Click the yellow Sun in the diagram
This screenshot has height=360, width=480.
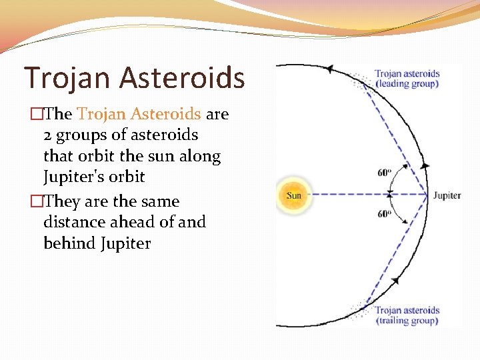click(x=294, y=195)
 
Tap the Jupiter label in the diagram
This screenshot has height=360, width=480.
click(x=447, y=196)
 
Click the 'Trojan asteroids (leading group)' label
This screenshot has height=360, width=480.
click(x=407, y=79)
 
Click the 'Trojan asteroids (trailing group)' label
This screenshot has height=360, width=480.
click(x=406, y=315)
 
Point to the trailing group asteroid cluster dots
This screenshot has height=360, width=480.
click(x=363, y=309)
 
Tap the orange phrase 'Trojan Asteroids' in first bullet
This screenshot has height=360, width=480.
click(x=139, y=114)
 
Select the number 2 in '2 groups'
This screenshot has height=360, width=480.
click(x=47, y=135)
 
